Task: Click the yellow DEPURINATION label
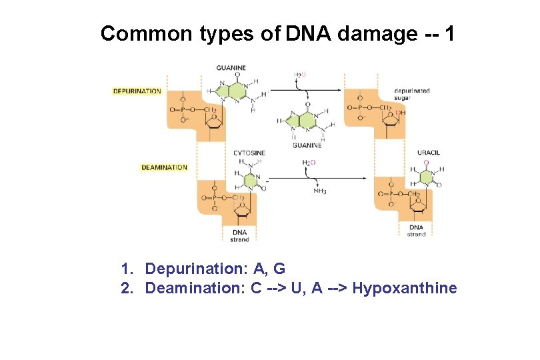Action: (137, 91)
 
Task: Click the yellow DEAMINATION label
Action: (164, 167)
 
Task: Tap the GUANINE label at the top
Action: (231, 67)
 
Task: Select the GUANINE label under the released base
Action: (307, 145)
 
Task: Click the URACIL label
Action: (429, 153)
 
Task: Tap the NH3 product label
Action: (320, 191)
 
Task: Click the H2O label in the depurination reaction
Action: (300, 75)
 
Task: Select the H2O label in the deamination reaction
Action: (309, 162)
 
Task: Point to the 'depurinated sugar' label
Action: (411, 94)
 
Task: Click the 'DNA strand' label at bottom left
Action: (239, 235)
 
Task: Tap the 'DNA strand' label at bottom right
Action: (417, 231)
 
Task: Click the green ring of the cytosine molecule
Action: (248, 180)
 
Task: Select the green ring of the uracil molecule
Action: (425, 176)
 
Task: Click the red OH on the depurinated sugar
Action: (400, 113)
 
